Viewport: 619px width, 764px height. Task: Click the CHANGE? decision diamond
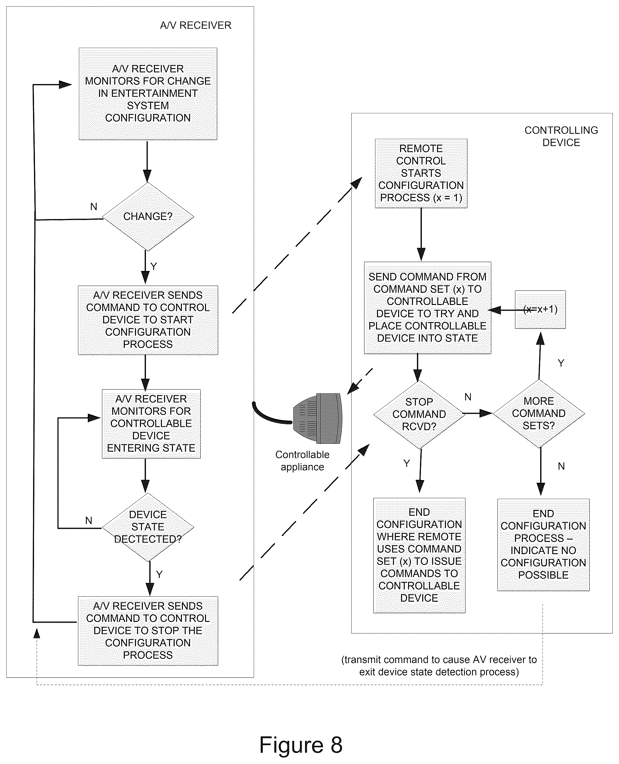(148, 216)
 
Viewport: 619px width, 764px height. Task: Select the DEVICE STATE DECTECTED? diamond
(148, 527)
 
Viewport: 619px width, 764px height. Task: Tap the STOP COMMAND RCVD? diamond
(419, 414)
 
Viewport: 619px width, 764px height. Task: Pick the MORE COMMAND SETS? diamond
(539, 414)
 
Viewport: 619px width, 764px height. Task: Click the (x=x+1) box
(540, 309)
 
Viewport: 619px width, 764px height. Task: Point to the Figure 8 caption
(300, 745)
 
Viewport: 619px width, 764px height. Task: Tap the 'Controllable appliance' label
(302, 461)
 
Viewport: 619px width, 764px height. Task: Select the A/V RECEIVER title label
(196, 25)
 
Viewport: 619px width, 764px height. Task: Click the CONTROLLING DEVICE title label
(561, 136)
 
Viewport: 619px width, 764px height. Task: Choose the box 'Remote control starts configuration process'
(421, 173)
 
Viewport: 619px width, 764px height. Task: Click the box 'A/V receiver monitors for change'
(148, 94)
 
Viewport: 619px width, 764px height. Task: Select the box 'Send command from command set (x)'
(428, 308)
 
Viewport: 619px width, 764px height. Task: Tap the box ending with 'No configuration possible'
(543, 545)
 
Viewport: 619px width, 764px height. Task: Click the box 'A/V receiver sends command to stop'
(148, 631)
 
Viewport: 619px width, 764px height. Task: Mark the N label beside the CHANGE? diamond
(94, 207)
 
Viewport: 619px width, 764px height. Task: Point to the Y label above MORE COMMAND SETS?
(561, 363)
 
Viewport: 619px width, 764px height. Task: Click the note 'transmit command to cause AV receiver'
(439, 666)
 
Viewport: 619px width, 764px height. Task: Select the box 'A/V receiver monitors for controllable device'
(151, 424)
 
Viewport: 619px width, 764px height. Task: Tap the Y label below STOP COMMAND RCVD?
(406, 464)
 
